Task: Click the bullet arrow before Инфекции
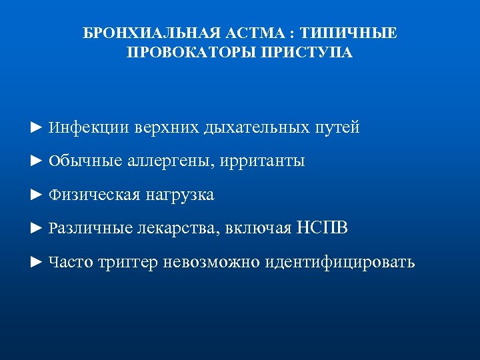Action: tap(37, 127)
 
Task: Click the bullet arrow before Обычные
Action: tap(37, 161)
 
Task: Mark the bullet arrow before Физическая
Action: tap(37, 195)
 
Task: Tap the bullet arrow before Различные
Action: tap(37, 229)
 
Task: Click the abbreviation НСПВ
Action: tap(323, 229)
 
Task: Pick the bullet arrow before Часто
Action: tap(37, 263)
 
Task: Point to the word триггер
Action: tap(128, 263)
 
